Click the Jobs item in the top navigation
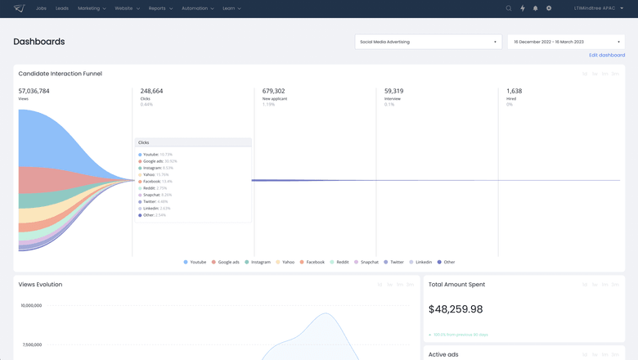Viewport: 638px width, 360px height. pyautogui.click(x=41, y=8)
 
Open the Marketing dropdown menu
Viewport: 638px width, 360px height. pyautogui.click(x=91, y=8)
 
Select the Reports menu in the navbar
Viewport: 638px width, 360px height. pyautogui.click(x=160, y=8)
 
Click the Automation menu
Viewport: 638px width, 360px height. pyautogui.click(x=197, y=8)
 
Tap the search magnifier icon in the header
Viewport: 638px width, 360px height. pyautogui.click(x=509, y=8)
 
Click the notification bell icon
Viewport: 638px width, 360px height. pyautogui.click(x=536, y=8)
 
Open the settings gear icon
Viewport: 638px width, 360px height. pyautogui.click(x=549, y=8)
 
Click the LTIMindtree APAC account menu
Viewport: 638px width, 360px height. pyautogui.click(x=599, y=8)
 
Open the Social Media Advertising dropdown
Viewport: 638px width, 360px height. pyautogui.click(x=428, y=42)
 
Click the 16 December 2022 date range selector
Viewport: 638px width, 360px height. pyautogui.click(x=565, y=42)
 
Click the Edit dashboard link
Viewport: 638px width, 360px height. pyautogui.click(x=606, y=55)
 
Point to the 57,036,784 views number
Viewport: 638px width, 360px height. pyautogui.click(x=34, y=91)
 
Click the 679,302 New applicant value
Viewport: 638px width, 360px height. pyautogui.click(x=273, y=91)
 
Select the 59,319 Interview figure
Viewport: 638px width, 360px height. pyautogui.click(x=393, y=91)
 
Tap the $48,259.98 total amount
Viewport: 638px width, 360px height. pyautogui.click(x=456, y=309)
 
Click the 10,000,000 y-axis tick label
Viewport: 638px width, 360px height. pyautogui.click(x=31, y=305)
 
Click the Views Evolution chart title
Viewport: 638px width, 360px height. pyautogui.click(x=40, y=284)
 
